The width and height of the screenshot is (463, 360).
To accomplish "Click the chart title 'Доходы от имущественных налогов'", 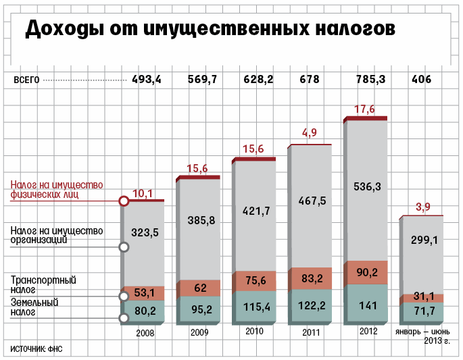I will coord(209,30).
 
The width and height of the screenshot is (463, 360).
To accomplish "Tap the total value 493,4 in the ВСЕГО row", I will coord(147,80).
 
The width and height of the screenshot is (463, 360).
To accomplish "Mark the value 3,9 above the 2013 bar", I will coord(422,207).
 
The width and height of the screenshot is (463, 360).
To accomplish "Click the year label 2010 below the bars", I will coord(254,332).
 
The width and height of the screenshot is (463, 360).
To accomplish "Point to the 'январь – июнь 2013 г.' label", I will coord(422,336).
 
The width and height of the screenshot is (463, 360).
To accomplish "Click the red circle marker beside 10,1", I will coord(124,201).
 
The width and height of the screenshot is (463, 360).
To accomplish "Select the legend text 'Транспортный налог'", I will coord(43,284).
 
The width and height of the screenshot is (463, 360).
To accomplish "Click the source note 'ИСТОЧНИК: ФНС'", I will coord(40,349).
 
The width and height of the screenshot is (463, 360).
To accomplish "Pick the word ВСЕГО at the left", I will coord(27,80).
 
